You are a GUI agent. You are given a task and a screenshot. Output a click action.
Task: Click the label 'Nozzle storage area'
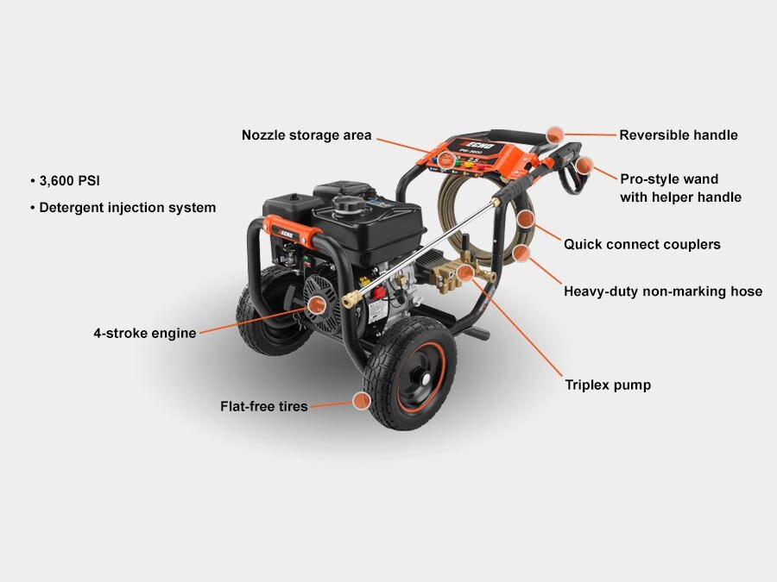coord(306,135)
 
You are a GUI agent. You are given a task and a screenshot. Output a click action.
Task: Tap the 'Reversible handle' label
coord(679,135)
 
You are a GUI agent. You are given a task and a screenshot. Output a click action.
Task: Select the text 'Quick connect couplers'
coord(642,244)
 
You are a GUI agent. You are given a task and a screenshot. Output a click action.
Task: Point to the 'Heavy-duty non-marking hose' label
coord(663,291)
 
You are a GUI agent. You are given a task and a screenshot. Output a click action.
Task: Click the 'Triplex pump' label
coord(608,385)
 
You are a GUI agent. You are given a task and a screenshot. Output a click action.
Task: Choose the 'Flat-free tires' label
coord(264,406)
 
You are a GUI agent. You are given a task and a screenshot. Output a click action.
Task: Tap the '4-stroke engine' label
coord(145,333)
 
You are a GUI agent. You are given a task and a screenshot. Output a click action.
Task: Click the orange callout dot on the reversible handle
coord(555,135)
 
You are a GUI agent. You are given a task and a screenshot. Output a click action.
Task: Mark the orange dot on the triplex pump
coord(464,272)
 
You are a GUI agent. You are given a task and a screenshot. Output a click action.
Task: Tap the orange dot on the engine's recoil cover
coord(316,304)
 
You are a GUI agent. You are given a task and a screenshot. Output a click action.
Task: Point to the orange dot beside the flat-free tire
coord(362,401)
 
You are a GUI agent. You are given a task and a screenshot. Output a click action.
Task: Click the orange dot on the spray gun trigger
coord(584,166)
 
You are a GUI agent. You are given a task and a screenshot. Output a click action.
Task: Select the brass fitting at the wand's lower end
coord(351,299)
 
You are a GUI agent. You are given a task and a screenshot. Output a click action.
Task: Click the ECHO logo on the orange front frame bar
coord(285,233)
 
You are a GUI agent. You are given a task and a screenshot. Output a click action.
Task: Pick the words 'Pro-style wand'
coord(669,179)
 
